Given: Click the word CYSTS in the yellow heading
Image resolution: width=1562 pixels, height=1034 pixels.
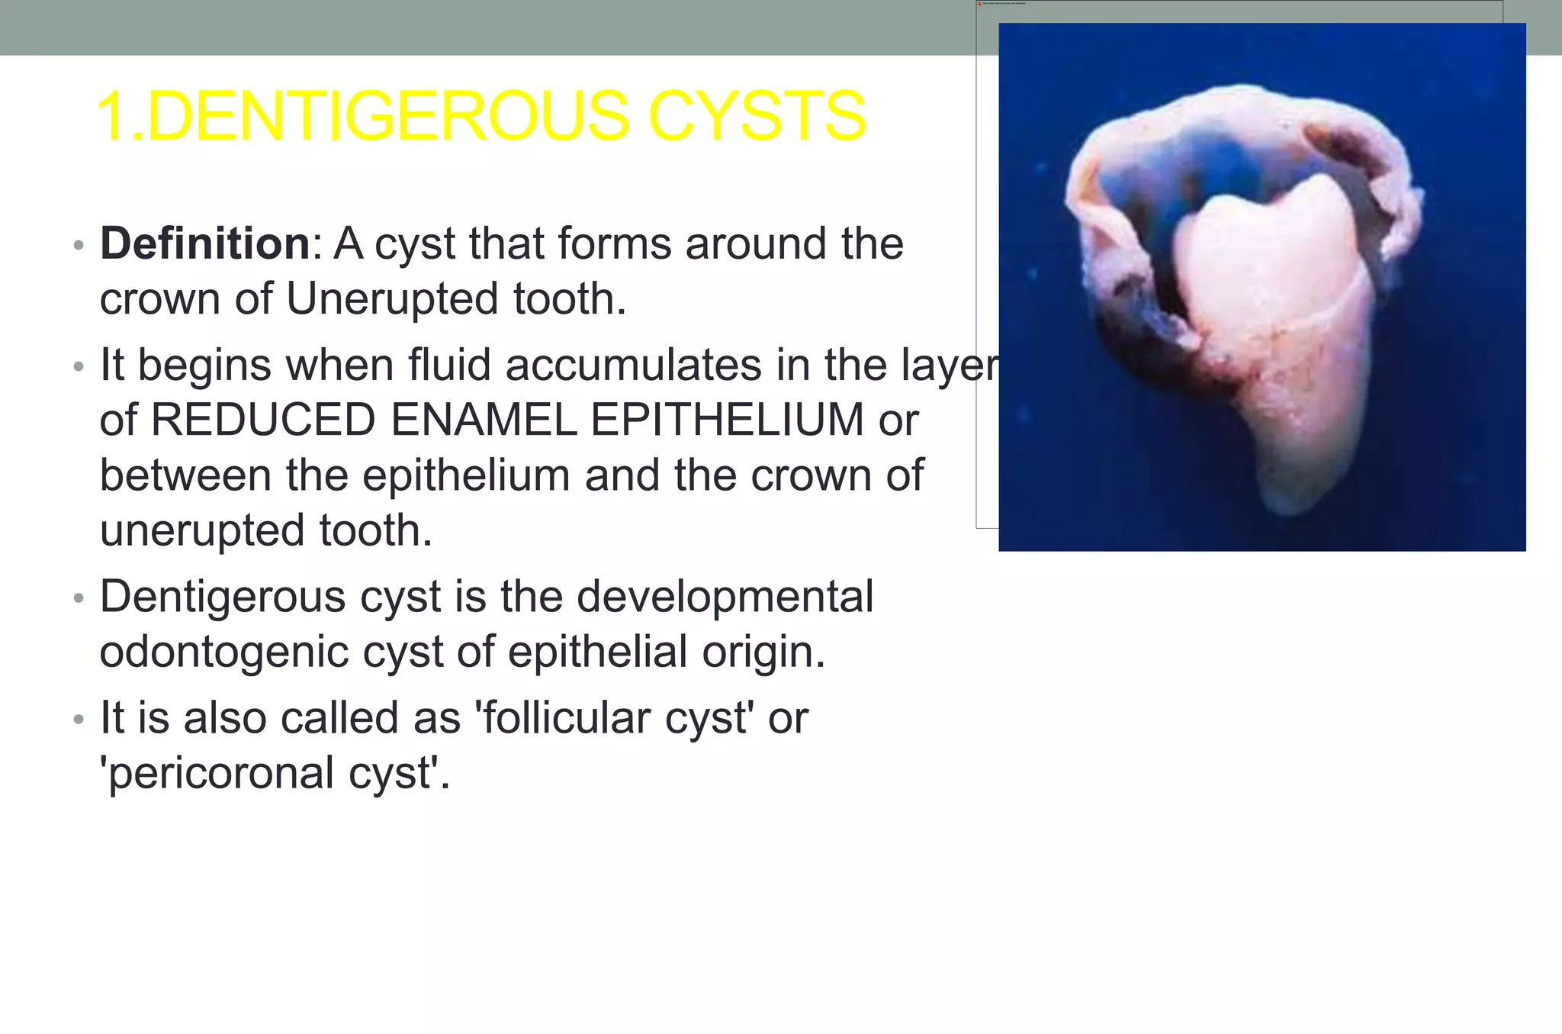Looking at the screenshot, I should pos(757,116).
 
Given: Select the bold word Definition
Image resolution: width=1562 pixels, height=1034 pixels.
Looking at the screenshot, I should pos(204,243).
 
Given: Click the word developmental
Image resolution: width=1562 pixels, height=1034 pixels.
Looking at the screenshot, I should pos(725,596).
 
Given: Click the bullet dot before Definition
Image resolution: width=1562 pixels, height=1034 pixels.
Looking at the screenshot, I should pos(78,246).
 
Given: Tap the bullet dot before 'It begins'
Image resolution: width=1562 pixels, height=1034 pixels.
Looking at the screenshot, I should pos(78,367).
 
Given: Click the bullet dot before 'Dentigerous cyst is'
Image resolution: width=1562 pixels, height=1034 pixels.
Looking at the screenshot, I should pos(78,599).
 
